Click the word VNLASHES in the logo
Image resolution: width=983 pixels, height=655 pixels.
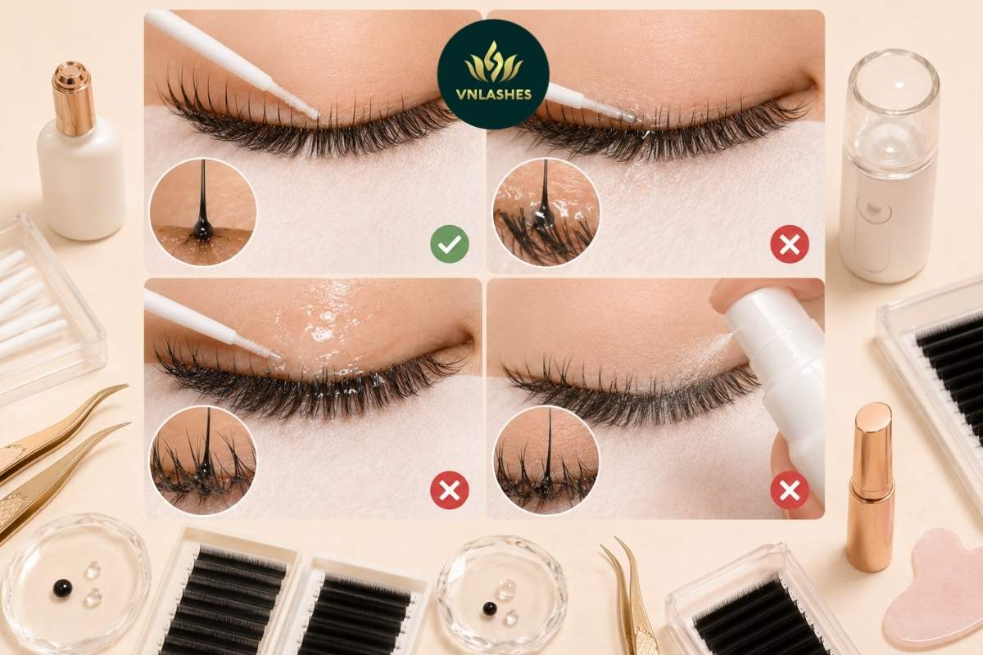tap(493, 95)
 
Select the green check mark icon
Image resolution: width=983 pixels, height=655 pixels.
tap(450, 244)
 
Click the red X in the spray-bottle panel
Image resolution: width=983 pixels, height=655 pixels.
tap(790, 490)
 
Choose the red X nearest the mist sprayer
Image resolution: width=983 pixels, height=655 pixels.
tap(790, 244)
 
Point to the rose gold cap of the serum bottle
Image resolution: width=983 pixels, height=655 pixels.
tap(74, 97)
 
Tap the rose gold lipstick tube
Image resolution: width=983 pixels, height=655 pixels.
tap(870, 487)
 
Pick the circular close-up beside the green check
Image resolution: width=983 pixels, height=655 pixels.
tap(203, 212)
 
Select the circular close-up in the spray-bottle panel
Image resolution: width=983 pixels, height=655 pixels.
tap(547, 459)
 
